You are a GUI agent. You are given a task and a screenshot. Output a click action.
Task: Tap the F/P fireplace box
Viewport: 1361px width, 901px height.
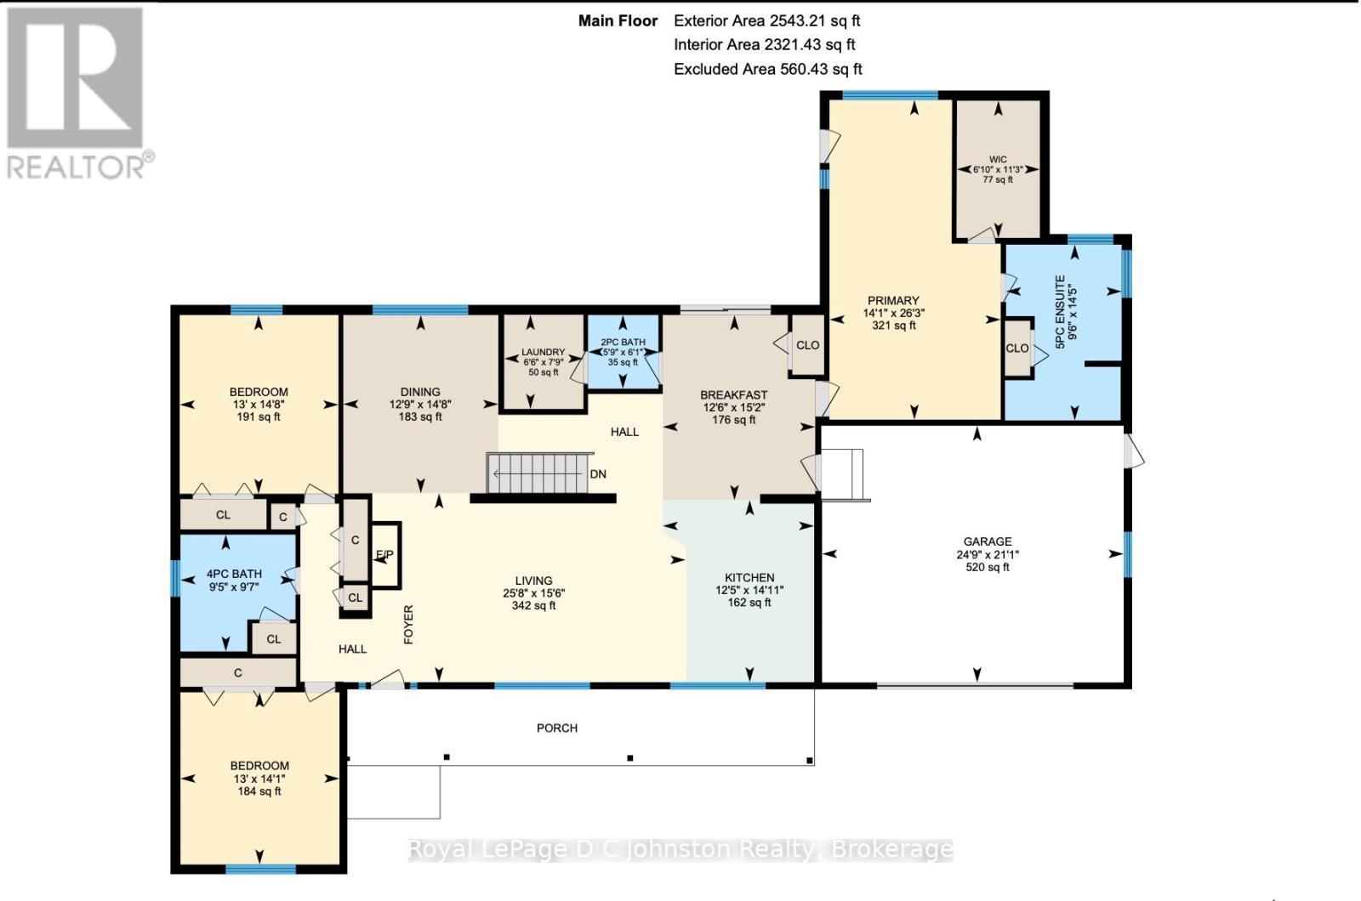tap(385, 555)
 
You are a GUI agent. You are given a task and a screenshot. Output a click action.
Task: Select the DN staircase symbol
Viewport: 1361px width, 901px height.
tap(539, 473)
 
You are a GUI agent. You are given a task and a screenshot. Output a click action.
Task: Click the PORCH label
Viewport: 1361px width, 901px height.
tap(556, 728)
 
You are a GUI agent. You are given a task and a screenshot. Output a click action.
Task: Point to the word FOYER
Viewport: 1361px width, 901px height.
tap(408, 624)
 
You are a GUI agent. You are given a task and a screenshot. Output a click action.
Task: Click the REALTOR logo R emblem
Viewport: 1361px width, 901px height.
tap(75, 77)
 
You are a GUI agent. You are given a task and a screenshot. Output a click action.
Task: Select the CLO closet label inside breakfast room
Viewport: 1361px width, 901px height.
tap(807, 345)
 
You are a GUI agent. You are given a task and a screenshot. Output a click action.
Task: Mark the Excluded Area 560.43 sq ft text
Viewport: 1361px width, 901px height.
tap(767, 69)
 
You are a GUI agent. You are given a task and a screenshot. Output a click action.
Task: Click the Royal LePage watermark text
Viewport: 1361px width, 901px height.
tap(680, 849)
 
